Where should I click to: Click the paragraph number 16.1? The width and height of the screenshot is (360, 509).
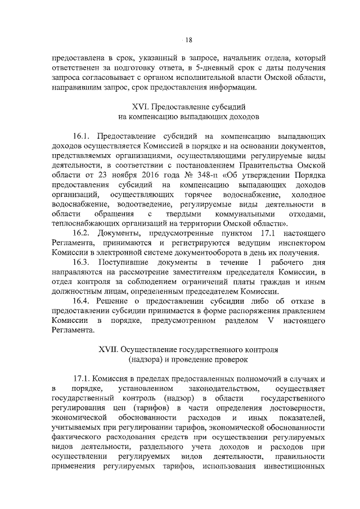click(x=83, y=136)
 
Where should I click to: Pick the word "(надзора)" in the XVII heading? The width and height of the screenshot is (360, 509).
click(x=148, y=359)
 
